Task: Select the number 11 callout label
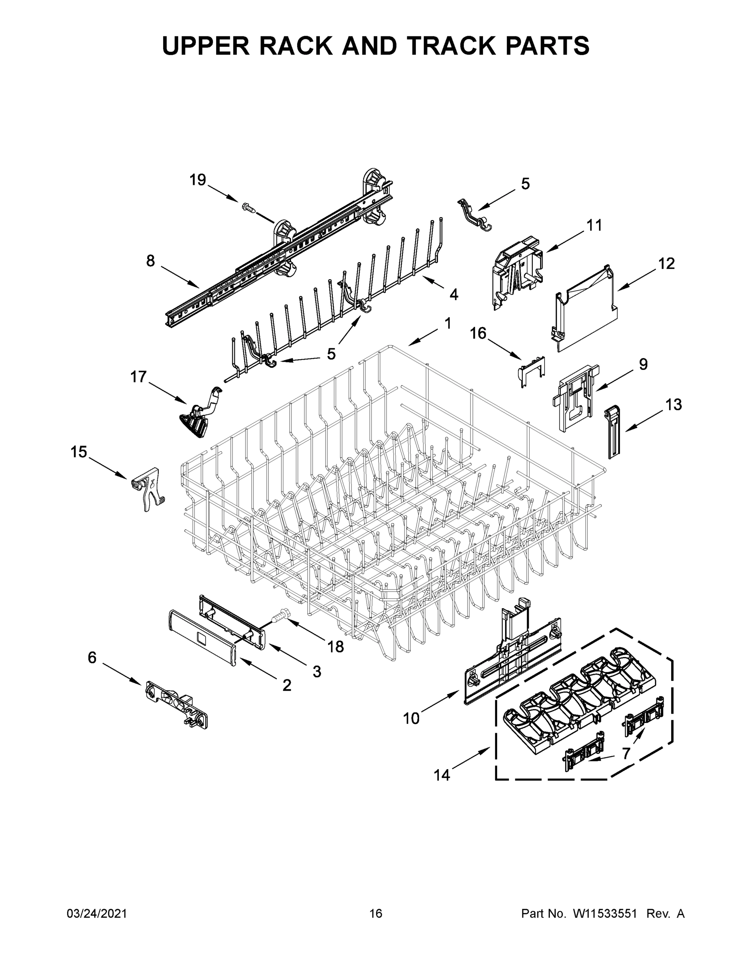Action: [x=594, y=225]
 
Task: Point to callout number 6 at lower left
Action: [x=91, y=657]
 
